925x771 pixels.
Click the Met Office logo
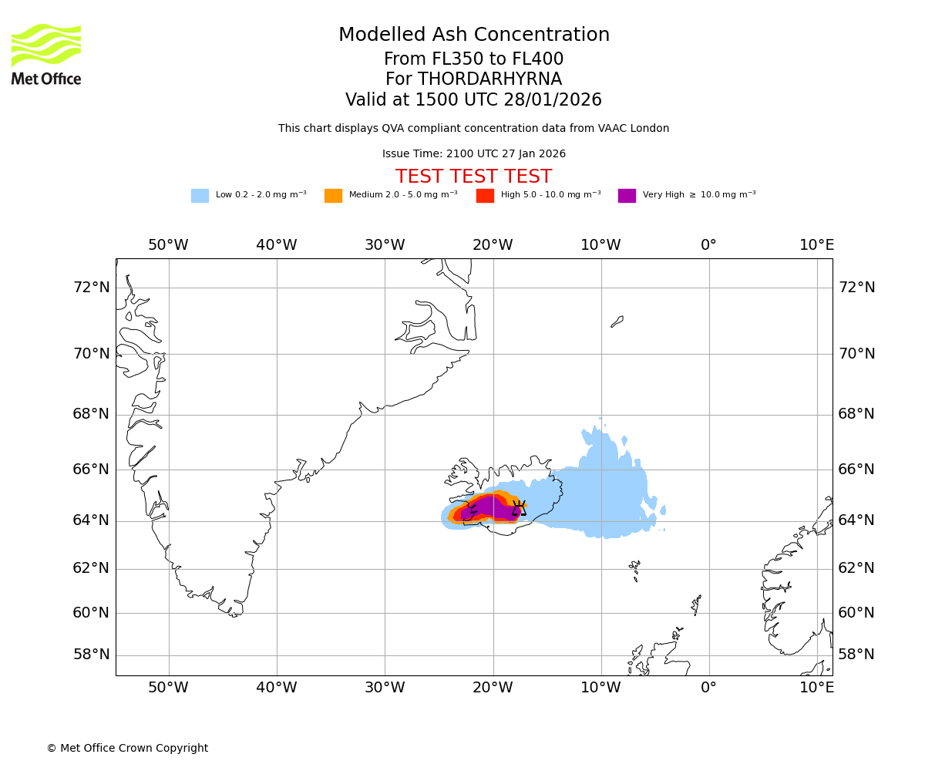click(46, 54)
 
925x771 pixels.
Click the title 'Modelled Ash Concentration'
click(474, 35)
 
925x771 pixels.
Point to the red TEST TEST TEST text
click(473, 177)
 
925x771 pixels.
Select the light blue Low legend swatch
click(200, 196)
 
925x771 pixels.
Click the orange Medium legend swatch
click(333, 196)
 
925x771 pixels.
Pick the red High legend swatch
click(485, 196)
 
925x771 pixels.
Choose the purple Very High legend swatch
click(627, 196)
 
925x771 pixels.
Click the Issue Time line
click(473, 154)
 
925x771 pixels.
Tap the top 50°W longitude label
click(168, 245)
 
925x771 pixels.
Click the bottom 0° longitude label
click(708, 688)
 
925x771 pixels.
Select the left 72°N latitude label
click(91, 288)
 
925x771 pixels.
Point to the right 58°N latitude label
click(856, 655)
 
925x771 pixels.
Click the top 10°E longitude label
click(816, 245)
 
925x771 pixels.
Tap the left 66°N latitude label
click(91, 470)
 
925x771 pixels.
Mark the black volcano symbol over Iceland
click(520, 508)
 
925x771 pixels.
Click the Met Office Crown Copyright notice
click(127, 748)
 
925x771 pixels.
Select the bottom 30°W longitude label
click(385, 688)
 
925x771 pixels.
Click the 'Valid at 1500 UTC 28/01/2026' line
click(473, 100)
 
